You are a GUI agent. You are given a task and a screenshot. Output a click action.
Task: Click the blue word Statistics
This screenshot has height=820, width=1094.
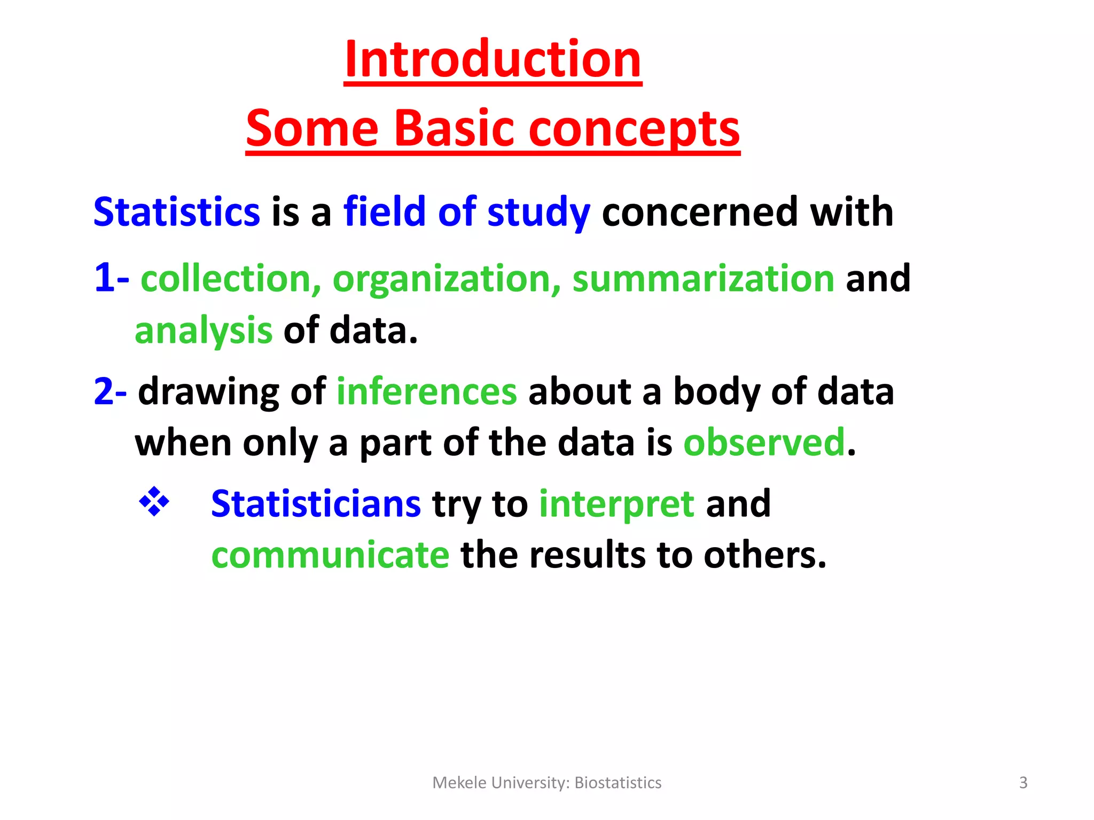177,212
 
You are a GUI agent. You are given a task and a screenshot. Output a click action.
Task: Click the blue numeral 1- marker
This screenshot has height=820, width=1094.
111,278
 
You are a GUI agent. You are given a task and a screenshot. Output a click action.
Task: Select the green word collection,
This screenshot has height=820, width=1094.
230,278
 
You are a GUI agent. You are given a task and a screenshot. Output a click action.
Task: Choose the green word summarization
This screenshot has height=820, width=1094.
703,278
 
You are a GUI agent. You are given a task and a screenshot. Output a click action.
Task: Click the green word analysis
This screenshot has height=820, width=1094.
204,330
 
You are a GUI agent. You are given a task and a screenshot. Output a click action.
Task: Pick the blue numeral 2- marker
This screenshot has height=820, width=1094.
110,391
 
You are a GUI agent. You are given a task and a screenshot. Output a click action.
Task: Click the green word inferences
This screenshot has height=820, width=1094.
426,391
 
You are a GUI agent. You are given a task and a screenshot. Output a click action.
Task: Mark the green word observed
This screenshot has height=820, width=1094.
764,443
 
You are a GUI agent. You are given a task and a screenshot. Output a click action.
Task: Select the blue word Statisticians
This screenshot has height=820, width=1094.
316,503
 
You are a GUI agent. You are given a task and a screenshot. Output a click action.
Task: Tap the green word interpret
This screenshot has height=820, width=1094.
616,503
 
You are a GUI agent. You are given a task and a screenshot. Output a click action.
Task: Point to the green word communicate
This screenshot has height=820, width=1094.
330,555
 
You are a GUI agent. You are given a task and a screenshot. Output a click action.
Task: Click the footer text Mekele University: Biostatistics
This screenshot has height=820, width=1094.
546,783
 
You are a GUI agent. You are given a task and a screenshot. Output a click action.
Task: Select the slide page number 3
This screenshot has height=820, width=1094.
1023,783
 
